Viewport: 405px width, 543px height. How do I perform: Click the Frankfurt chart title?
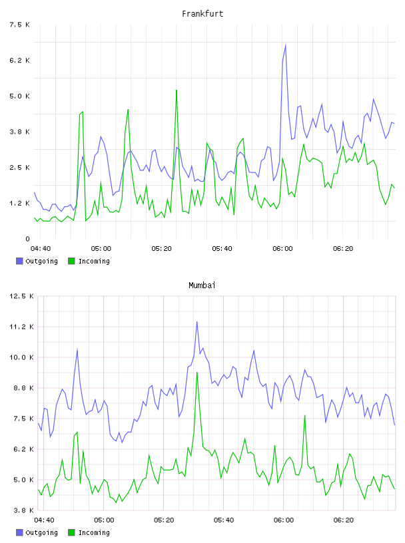(x=202, y=14)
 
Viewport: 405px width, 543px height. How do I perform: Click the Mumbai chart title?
(x=202, y=285)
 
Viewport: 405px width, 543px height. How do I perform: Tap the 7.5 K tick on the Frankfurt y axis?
(x=20, y=25)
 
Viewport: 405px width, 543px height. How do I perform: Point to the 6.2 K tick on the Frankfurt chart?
(x=20, y=61)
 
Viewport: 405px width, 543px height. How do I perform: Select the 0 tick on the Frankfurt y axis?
(x=27, y=239)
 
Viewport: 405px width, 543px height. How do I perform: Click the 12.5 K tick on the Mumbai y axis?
(x=21, y=296)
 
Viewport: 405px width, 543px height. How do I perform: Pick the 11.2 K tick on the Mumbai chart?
(x=21, y=327)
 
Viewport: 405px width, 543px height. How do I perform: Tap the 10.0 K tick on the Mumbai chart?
(x=21, y=357)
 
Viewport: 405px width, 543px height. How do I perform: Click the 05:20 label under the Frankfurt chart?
(x=162, y=249)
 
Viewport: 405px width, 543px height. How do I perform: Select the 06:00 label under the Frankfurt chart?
(x=282, y=249)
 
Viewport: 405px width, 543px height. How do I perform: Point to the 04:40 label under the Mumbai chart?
(x=44, y=520)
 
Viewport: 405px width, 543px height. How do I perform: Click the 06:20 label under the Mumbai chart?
(x=343, y=520)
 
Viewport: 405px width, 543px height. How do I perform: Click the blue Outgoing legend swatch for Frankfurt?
(x=19, y=261)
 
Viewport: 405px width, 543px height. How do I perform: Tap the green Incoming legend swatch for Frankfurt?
(x=71, y=261)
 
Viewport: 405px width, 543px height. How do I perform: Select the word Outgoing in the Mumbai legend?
(x=41, y=532)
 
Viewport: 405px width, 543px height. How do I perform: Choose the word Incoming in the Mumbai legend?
(x=94, y=532)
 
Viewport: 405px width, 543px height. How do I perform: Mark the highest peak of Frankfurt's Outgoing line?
(x=285, y=45)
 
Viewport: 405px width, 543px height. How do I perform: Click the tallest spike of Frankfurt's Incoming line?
(x=177, y=90)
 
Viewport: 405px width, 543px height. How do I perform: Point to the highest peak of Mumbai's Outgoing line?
(x=197, y=322)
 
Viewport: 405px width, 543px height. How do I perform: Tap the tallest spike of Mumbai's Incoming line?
(x=197, y=373)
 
